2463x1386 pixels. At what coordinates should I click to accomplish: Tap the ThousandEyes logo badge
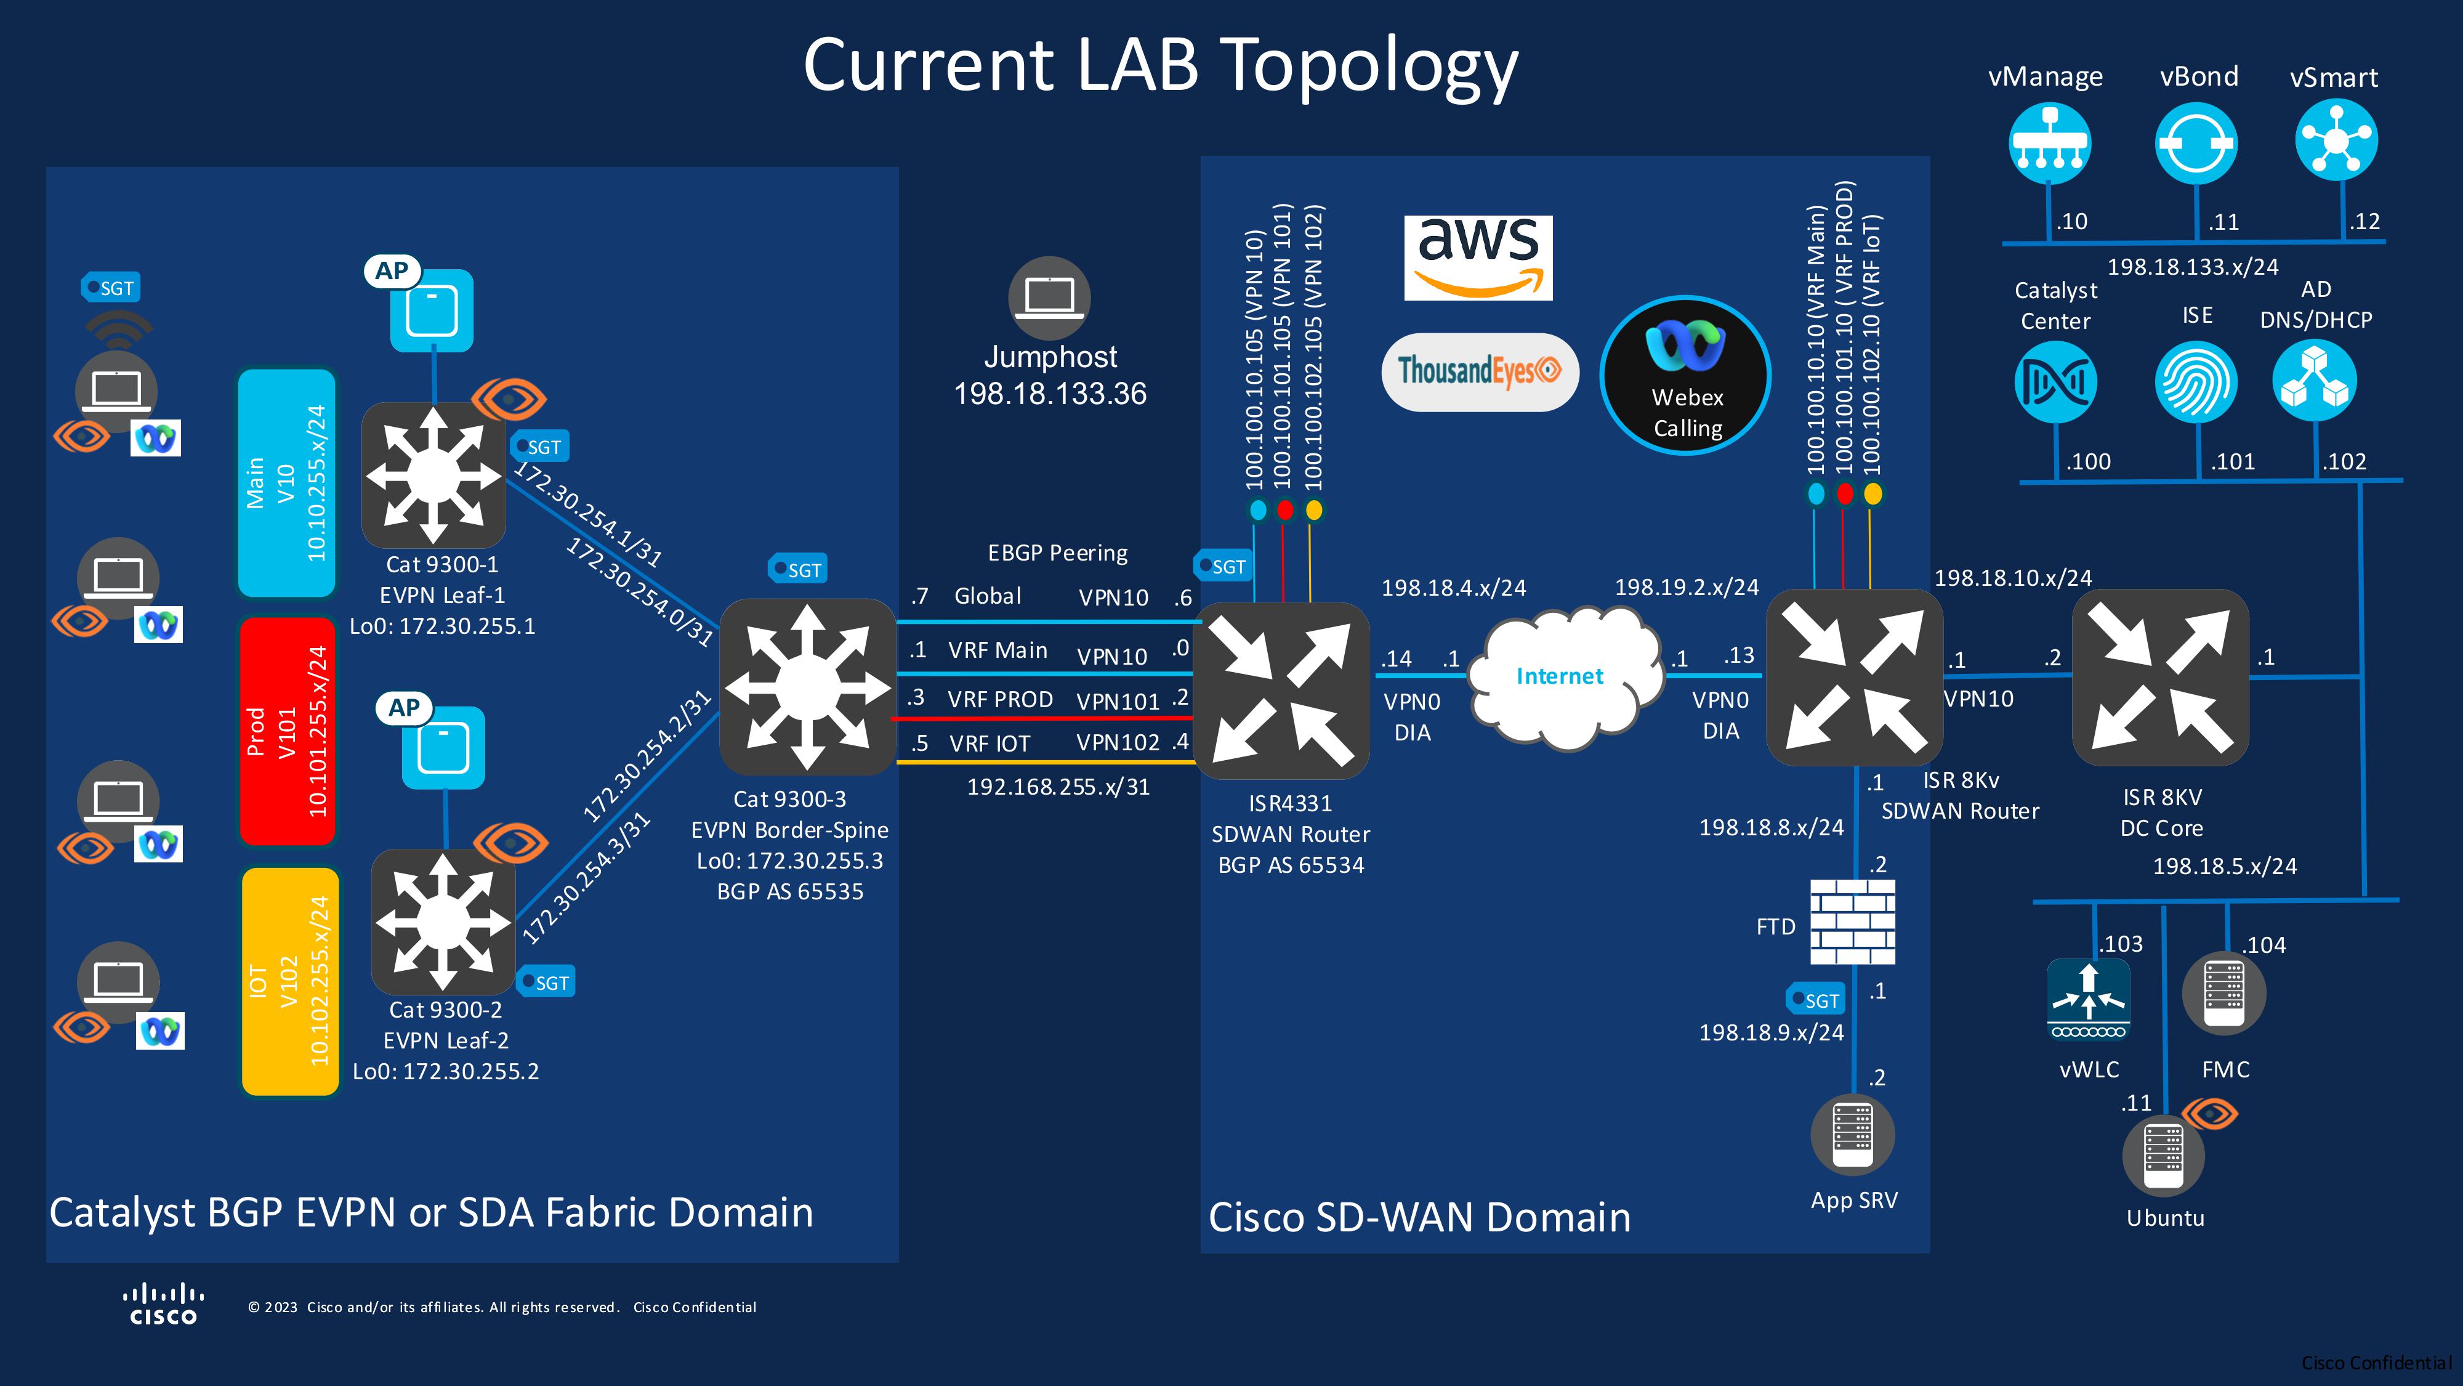click(x=1479, y=371)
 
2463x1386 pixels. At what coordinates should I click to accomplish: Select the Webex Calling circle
click(x=1686, y=375)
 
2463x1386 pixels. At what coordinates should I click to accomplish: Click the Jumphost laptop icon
click(x=1049, y=298)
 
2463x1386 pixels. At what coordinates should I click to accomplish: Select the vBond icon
click(x=2195, y=144)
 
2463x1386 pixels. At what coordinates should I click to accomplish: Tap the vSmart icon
click(x=2336, y=140)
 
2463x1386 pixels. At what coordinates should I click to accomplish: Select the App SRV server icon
click(x=1852, y=1135)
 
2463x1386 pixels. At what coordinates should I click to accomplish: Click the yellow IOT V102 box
click(x=289, y=981)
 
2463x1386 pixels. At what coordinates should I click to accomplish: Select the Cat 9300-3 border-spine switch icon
click(x=807, y=686)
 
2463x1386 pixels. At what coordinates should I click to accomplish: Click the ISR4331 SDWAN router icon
click(x=1282, y=691)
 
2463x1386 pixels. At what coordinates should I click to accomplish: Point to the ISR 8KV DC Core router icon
click(x=2160, y=677)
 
